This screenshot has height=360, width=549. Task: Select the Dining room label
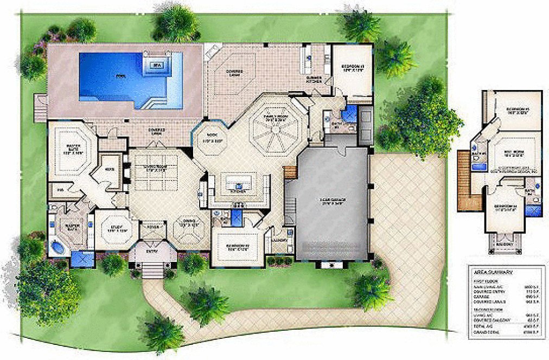pyautogui.click(x=188, y=222)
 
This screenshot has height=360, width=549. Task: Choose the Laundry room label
pyautogui.click(x=280, y=239)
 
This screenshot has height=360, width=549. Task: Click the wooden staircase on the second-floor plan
pyautogui.click(x=463, y=182)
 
